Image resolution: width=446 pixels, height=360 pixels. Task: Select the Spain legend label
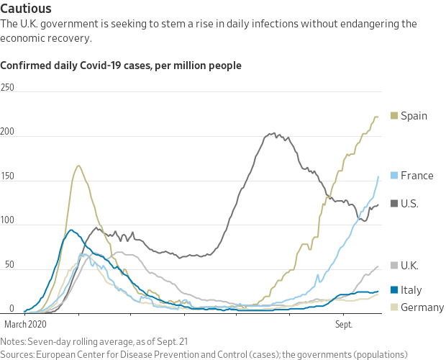414,115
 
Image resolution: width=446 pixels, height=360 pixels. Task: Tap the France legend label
417,176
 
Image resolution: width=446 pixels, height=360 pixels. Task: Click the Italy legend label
412,290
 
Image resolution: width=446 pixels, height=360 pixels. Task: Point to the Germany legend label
422,307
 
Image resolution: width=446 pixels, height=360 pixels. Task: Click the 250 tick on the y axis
8,88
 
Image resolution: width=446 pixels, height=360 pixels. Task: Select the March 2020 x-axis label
29,325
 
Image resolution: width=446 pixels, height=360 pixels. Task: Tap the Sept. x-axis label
344,325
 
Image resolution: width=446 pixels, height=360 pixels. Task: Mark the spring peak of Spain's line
78,166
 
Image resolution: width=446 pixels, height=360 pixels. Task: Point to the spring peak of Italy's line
70,230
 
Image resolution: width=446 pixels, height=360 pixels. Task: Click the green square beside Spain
393,115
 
